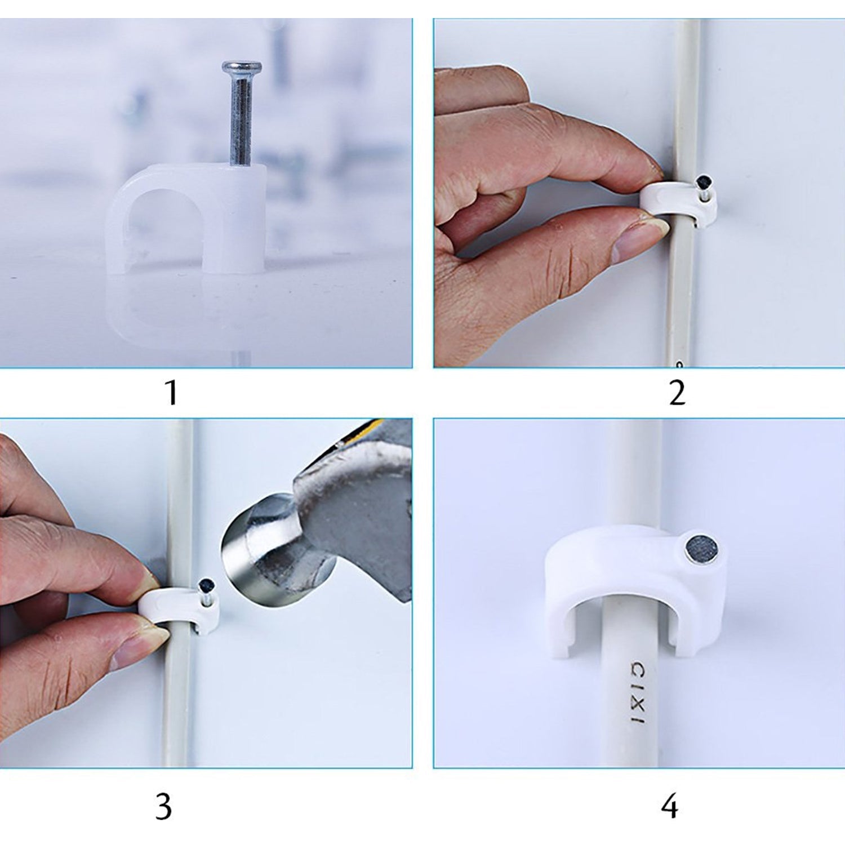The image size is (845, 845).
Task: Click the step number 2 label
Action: [677, 393]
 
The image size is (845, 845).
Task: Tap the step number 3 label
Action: [163, 807]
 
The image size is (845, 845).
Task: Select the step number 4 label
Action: [669, 807]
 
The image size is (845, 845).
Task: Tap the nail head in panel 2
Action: [704, 182]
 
